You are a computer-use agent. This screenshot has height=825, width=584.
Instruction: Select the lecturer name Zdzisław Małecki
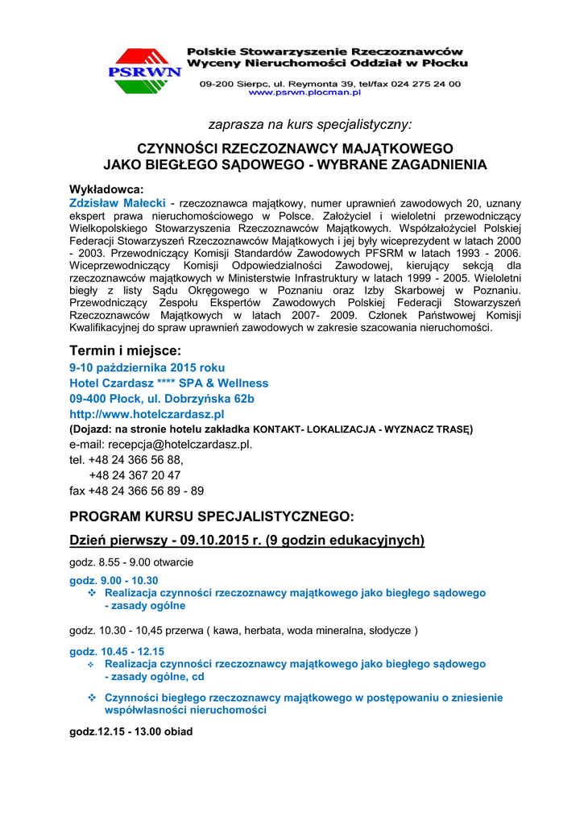point(118,202)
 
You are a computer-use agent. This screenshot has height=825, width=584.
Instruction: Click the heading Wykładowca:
point(106,189)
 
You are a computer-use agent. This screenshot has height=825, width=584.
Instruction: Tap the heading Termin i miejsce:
point(125,350)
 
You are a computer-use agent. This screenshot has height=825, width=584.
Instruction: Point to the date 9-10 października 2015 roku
point(147,367)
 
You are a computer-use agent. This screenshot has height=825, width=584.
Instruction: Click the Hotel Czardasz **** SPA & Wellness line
point(168,383)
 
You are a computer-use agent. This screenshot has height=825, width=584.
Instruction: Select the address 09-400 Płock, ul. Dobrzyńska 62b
point(162,398)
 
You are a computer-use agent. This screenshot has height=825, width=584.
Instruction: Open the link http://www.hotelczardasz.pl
point(147,413)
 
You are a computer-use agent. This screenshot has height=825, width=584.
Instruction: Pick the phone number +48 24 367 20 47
point(135,475)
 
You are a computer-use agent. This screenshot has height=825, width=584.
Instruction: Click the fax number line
point(136,490)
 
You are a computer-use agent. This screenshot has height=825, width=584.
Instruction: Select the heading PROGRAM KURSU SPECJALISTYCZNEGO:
point(211,516)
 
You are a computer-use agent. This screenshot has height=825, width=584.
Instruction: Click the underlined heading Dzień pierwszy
point(246,540)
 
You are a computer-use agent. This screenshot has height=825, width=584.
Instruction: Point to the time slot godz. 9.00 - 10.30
point(114,580)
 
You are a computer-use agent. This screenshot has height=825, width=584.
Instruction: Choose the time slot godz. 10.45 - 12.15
point(117,651)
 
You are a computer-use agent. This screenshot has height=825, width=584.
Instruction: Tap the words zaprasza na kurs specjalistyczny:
point(310,125)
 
